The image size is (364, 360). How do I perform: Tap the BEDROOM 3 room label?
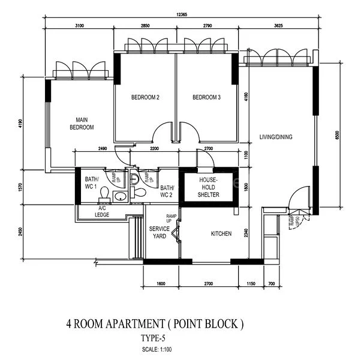pyautogui.click(x=206, y=97)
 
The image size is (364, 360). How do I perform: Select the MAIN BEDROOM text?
pyautogui.click(x=82, y=123)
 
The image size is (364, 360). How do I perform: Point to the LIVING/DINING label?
pyautogui.click(x=275, y=137)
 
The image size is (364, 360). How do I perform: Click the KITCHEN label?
pyautogui.click(x=221, y=233)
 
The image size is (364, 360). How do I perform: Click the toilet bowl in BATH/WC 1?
pyautogui.click(x=104, y=193)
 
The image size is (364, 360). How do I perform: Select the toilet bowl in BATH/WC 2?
pyautogui.click(x=139, y=193)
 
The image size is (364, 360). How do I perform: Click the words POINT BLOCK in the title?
pyautogui.click(x=207, y=325)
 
